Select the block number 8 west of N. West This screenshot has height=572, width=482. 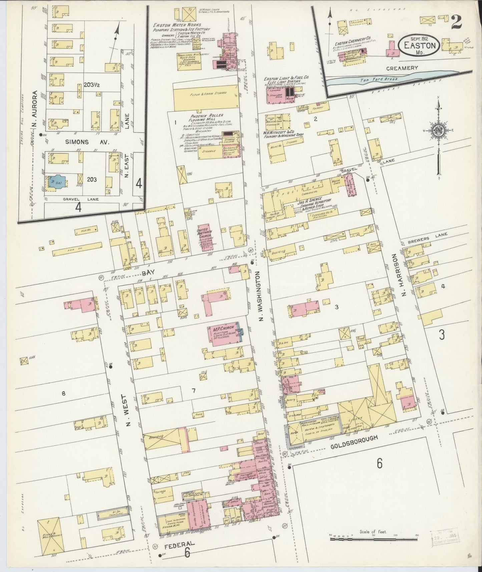coord(63,394)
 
